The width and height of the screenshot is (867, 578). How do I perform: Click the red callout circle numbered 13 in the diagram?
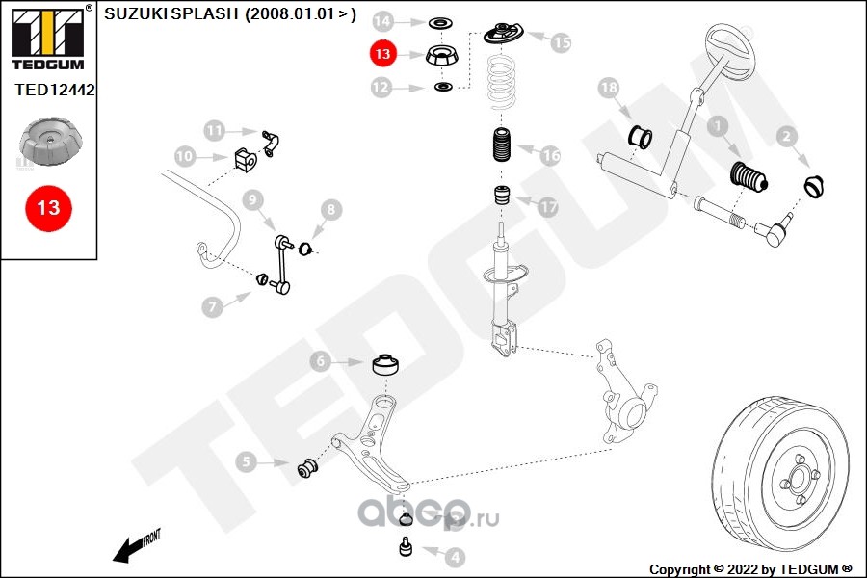tap(383, 55)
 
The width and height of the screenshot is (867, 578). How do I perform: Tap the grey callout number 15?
tap(561, 42)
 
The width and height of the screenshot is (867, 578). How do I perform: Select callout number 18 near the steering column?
tap(608, 90)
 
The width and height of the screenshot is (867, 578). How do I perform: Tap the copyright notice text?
tap(750, 568)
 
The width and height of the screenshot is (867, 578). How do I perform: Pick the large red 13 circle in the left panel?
tap(48, 207)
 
